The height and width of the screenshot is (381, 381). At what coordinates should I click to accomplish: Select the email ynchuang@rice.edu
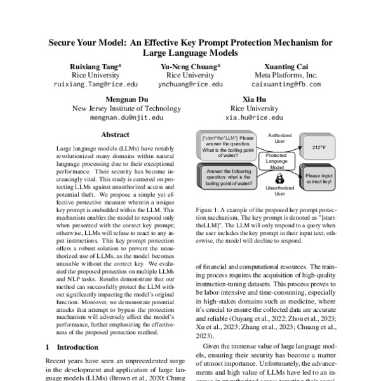coord(190,84)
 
